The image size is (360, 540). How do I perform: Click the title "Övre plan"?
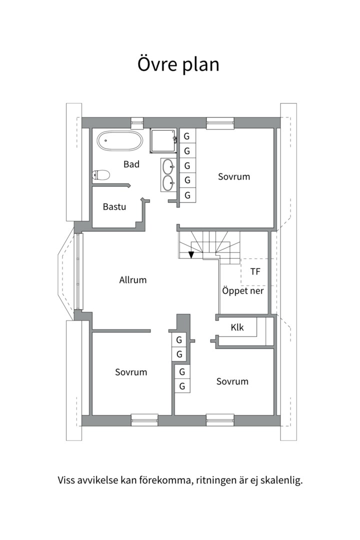(x=178, y=64)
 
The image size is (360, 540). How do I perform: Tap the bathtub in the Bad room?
(x=119, y=140)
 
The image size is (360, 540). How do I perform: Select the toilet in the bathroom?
(x=101, y=175)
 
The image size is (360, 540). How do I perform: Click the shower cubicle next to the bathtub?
(x=163, y=140)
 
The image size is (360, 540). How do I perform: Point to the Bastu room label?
(x=114, y=207)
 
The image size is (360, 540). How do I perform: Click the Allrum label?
(x=133, y=280)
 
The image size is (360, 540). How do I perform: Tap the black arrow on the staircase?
(x=191, y=255)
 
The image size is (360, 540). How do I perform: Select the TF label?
(x=255, y=271)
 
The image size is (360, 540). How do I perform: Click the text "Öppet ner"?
(x=243, y=290)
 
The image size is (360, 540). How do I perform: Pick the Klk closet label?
(x=237, y=327)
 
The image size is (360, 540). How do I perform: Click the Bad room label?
(x=131, y=164)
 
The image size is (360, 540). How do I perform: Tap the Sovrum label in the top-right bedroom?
(x=234, y=176)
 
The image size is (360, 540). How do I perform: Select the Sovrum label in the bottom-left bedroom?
(x=131, y=372)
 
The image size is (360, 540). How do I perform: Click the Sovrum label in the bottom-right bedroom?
(x=232, y=381)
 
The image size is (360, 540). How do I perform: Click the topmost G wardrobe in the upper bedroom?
(x=186, y=136)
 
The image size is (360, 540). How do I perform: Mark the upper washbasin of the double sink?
(x=168, y=166)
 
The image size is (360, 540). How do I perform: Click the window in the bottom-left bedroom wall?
(x=144, y=420)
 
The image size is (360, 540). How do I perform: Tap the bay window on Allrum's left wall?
(x=79, y=271)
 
